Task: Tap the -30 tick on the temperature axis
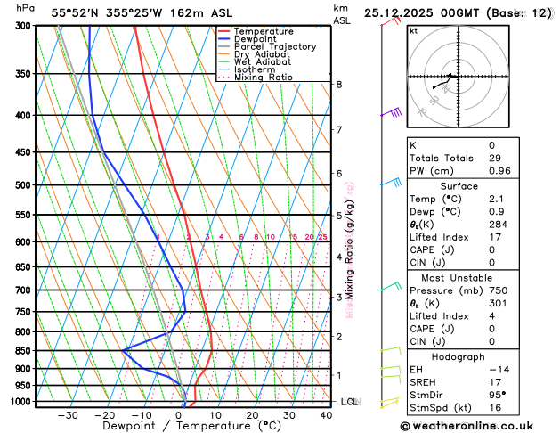coord(68,415)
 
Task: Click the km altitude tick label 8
coord(338,85)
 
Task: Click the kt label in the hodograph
coord(413,30)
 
